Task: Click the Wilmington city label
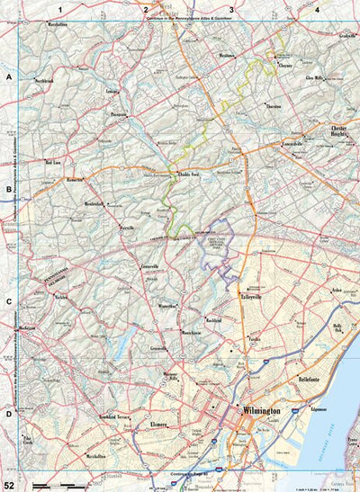pos(262,410)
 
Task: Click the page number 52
pos(8,485)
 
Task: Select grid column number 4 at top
pos(318,8)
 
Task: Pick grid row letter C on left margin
pos(8,304)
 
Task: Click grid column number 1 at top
pos(59,8)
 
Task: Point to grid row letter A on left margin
pos(8,78)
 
